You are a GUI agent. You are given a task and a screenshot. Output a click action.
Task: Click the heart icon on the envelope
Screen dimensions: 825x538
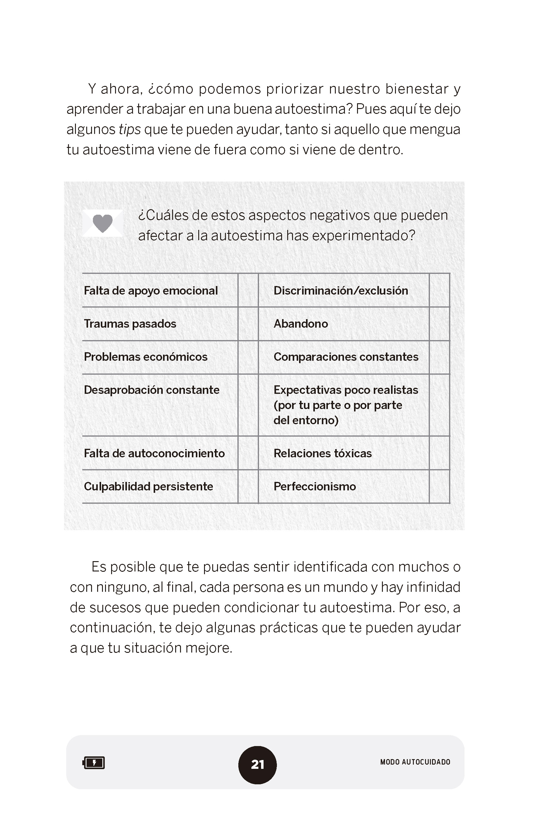pos(103,223)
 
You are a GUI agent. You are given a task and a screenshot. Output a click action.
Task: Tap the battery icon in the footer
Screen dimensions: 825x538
pos(94,763)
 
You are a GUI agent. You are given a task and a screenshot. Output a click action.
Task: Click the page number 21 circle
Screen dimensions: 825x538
pos(257,764)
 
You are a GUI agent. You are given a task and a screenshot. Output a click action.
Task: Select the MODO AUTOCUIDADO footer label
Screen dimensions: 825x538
pos(415,762)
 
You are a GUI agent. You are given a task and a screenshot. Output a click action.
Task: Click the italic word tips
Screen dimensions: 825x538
pos(130,129)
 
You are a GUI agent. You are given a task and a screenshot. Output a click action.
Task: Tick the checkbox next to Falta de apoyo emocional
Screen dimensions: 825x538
pos(248,290)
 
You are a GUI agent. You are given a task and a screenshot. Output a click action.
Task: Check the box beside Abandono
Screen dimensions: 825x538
pos(439,324)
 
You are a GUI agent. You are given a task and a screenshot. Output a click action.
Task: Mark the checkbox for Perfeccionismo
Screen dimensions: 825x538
pos(439,486)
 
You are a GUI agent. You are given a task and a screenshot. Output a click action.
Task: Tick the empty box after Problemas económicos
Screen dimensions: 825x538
pos(248,357)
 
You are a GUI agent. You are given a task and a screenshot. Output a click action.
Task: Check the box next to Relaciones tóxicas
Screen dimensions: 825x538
pos(439,453)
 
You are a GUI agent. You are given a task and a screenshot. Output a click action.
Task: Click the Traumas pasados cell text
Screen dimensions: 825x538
pos(130,324)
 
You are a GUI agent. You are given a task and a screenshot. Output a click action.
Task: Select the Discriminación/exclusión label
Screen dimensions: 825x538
pos(340,291)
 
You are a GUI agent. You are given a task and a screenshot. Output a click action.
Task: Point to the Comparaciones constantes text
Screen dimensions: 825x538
pos(346,357)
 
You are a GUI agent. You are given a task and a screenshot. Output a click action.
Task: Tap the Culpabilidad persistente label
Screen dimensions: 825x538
pos(148,486)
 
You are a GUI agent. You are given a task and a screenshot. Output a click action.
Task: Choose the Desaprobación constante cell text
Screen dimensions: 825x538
pos(152,390)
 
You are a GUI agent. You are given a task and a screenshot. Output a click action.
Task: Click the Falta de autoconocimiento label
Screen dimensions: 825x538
pos(154,453)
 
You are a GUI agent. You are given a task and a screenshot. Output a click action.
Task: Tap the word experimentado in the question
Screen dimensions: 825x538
pos(363,236)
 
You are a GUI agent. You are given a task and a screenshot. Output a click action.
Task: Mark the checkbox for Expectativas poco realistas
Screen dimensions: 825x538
pos(439,405)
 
